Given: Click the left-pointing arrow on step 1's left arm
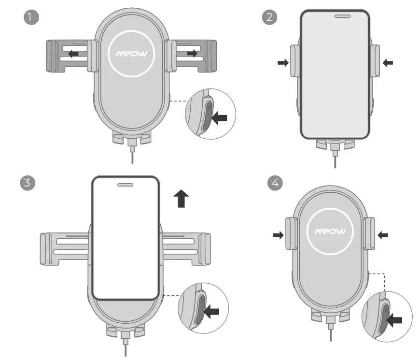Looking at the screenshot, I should [73, 54].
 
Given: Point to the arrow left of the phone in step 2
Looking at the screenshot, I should [283, 62].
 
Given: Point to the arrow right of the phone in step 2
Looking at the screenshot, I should [388, 62].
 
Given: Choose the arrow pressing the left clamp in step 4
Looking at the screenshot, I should [278, 235].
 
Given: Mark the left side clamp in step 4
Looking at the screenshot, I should [291, 233].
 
